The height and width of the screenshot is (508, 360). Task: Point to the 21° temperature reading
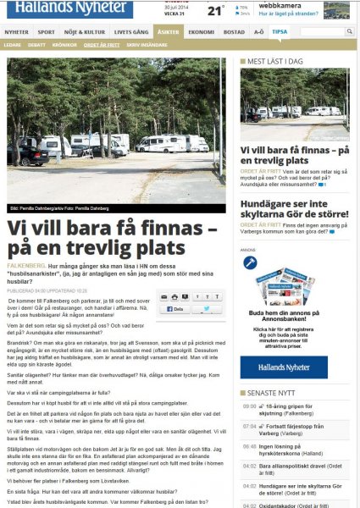pos(217,12)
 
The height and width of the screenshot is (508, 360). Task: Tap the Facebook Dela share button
pos(174,309)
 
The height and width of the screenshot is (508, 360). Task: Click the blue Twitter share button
pos(208,309)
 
